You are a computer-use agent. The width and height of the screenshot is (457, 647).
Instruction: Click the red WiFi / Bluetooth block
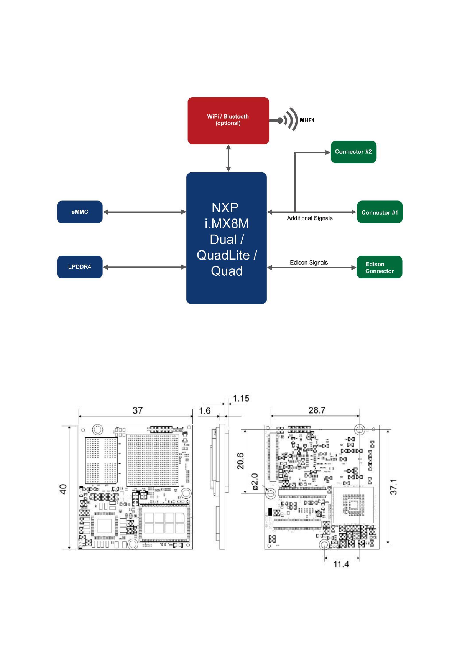(x=228, y=121)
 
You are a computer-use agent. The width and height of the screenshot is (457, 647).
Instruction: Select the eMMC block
(x=80, y=212)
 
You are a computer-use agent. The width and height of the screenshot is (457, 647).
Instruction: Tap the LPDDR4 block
(x=80, y=267)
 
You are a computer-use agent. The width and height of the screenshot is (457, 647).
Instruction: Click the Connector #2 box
(x=353, y=152)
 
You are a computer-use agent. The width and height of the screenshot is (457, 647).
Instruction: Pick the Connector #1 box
(x=380, y=212)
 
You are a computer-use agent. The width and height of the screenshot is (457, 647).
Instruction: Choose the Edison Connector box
(x=379, y=267)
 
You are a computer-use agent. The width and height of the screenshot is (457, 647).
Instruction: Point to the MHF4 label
(x=307, y=120)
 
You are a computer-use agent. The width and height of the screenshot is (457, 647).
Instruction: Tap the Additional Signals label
(x=310, y=218)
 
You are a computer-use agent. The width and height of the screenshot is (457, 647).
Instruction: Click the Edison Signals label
(x=309, y=263)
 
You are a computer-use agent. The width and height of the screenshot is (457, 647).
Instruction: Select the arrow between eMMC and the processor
(x=145, y=212)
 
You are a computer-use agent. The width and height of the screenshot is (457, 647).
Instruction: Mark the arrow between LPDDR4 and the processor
(x=145, y=267)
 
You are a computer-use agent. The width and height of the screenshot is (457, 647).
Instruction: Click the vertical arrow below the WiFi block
(x=228, y=158)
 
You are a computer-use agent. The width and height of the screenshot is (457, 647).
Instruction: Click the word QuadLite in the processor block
(x=223, y=255)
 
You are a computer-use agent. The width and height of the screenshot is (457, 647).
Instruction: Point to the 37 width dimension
(x=138, y=410)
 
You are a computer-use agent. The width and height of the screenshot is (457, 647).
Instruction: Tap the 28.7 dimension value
(x=317, y=410)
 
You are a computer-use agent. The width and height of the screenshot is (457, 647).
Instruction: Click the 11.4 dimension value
(x=341, y=564)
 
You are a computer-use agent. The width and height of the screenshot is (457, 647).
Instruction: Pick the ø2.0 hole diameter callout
(x=255, y=482)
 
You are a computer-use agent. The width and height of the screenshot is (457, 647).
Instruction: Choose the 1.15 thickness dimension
(x=241, y=399)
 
